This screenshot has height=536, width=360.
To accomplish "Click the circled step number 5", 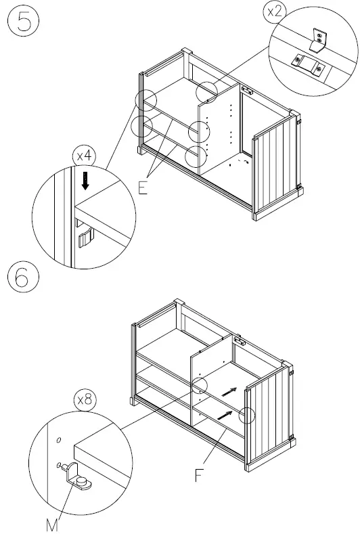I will [x=24, y=22].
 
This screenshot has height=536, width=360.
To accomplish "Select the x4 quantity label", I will [x=85, y=156].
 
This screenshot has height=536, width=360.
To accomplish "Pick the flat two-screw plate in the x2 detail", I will [x=308, y=64].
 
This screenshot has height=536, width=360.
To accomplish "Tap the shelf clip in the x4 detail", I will [x=84, y=239].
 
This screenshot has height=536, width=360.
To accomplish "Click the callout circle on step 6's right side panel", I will [x=248, y=414].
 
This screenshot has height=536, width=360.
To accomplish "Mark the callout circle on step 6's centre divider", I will [x=198, y=386].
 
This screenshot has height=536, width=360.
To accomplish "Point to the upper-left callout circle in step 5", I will [x=146, y=100].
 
